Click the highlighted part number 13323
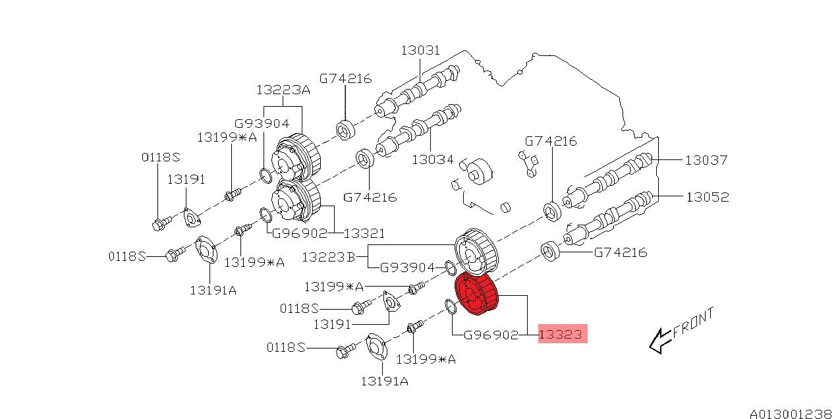(561, 335)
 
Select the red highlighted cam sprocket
(478, 296)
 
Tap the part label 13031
(420, 51)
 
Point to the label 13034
(432, 159)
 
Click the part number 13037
(706, 159)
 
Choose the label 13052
(708, 196)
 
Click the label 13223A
(283, 90)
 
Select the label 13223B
(328, 256)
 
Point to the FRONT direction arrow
(659, 341)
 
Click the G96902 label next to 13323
(491, 335)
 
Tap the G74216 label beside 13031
(345, 78)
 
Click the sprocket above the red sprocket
(476, 254)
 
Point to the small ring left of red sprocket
(449, 306)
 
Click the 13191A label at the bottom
(383, 380)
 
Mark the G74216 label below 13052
(620, 252)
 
